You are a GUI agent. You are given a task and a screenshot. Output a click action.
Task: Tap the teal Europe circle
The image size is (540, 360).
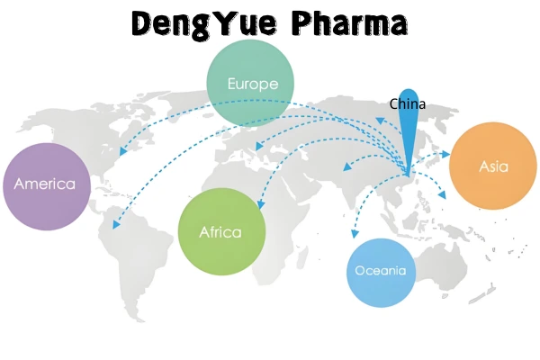pyautogui.click(x=251, y=84)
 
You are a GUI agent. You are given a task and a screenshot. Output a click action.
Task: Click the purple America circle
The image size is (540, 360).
pyautogui.click(x=45, y=186)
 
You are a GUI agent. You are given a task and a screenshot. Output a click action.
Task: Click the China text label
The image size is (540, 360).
pyautogui.click(x=407, y=104)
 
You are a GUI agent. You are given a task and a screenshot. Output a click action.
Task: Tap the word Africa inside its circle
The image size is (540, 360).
pyautogui.click(x=221, y=232)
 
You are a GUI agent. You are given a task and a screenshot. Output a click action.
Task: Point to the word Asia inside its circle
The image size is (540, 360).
pyautogui.click(x=492, y=167)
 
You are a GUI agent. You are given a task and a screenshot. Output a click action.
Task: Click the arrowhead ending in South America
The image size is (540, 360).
pyautogui.click(x=116, y=223)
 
